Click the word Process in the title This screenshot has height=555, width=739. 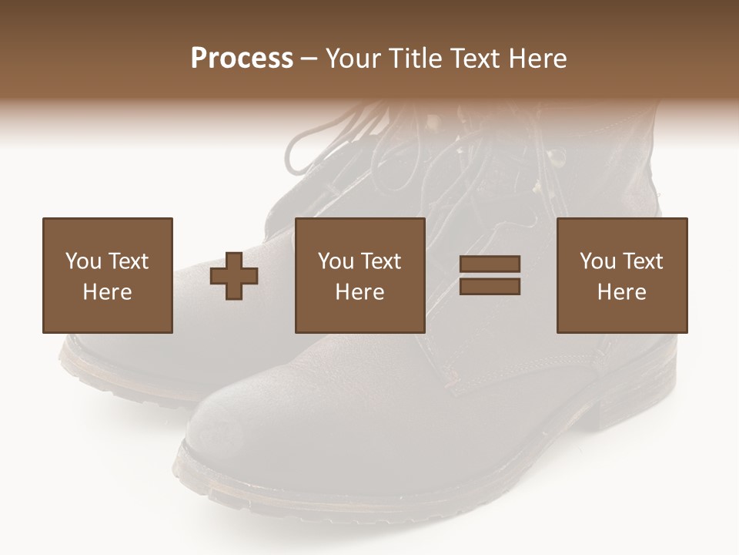(x=242, y=58)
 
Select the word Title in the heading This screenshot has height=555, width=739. (x=415, y=58)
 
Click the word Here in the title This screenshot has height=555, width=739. (x=538, y=58)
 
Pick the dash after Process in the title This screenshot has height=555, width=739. (x=309, y=59)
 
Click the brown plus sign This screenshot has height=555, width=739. (x=234, y=276)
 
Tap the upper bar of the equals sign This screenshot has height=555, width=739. (x=490, y=264)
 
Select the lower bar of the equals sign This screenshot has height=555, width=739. (x=490, y=287)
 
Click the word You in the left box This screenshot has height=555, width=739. (x=82, y=261)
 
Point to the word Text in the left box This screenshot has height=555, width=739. (x=128, y=261)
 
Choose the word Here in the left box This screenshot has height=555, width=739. (x=107, y=292)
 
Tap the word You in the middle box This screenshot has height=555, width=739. (x=335, y=261)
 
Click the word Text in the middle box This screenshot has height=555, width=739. (x=380, y=261)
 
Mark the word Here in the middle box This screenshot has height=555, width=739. (x=359, y=292)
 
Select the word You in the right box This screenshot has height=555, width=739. (x=597, y=261)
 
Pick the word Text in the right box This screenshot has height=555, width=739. (x=642, y=261)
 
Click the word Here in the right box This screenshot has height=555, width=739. (x=621, y=292)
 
